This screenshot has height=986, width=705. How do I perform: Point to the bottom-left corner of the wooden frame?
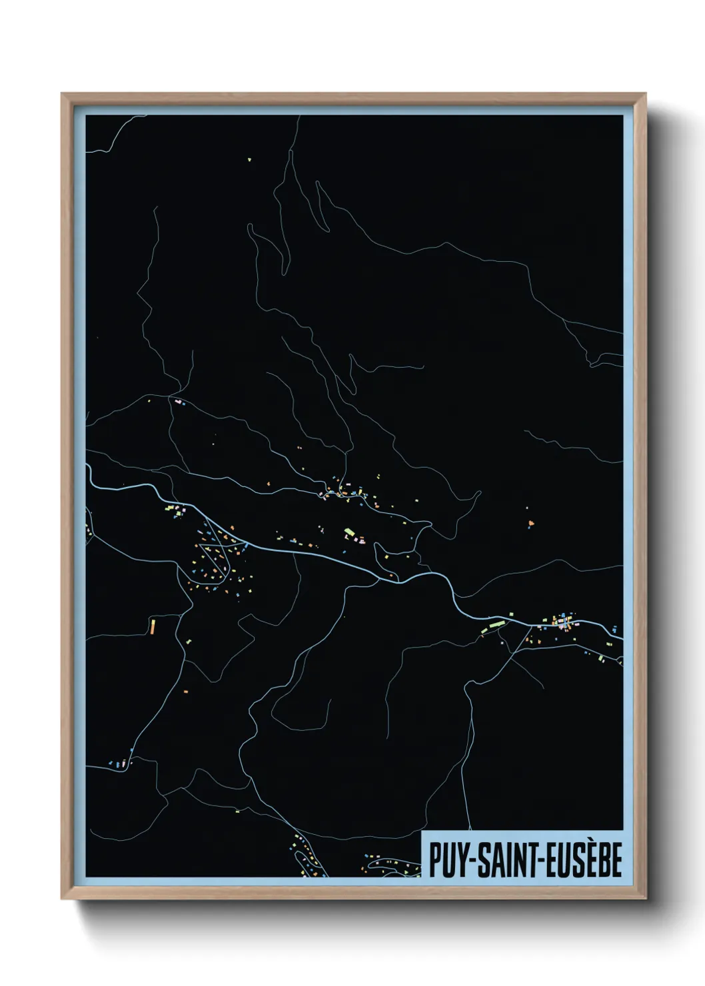[63, 899]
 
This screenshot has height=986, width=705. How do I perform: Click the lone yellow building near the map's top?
[249, 159]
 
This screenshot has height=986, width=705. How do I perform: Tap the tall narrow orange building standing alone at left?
[153, 626]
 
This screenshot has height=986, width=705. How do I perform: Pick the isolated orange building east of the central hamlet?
[530, 523]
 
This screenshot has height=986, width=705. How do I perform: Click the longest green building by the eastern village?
[494, 626]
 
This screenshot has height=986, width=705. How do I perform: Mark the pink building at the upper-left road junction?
[178, 402]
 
